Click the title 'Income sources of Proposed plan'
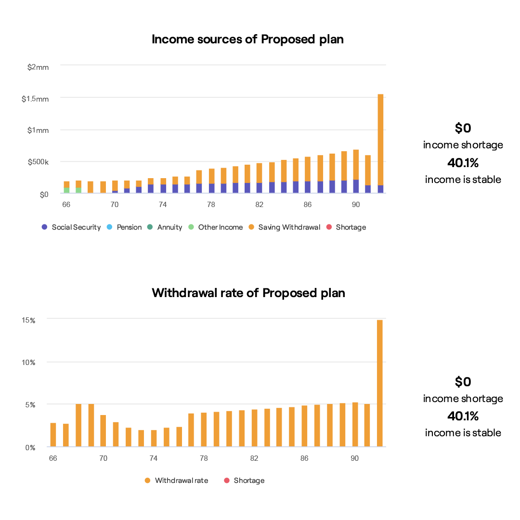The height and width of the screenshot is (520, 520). pyautogui.click(x=247, y=39)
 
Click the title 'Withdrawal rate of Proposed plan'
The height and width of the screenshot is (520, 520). pyautogui.click(x=248, y=293)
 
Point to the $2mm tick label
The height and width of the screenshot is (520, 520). pyautogui.click(x=38, y=67)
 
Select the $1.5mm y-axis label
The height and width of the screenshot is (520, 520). pyautogui.click(x=35, y=99)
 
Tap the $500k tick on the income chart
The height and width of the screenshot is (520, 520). pyautogui.click(x=38, y=163)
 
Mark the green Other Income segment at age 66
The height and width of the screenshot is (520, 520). pyautogui.click(x=66, y=190)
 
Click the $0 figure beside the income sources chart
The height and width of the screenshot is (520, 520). pyautogui.click(x=463, y=128)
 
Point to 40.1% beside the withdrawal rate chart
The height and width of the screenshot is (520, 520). pyautogui.click(x=463, y=416)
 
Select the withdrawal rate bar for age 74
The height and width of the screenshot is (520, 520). pyautogui.click(x=154, y=439)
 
